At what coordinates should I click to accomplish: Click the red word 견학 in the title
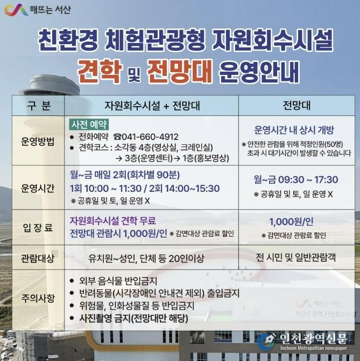pos(98,71)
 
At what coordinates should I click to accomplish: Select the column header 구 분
pos(38,104)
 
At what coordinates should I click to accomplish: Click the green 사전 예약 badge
pos(90,124)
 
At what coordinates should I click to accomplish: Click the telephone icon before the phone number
pos(117,136)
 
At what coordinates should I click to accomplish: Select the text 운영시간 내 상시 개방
pos(294,130)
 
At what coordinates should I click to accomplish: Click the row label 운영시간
pos(38,188)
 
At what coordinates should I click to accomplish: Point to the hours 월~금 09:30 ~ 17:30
pos(295,179)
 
